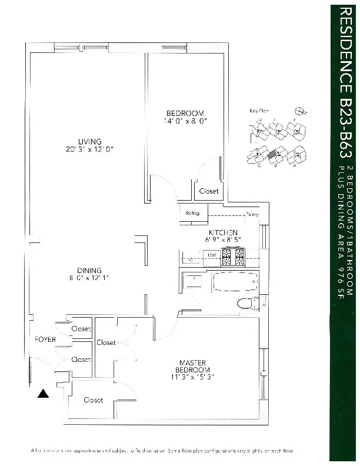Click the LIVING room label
tap(90, 141)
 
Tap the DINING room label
tap(89, 271)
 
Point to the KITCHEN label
tap(223, 232)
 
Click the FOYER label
tap(45, 339)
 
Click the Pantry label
tap(252, 214)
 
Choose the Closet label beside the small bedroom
tap(209, 191)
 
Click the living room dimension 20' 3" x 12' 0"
tap(90, 149)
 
